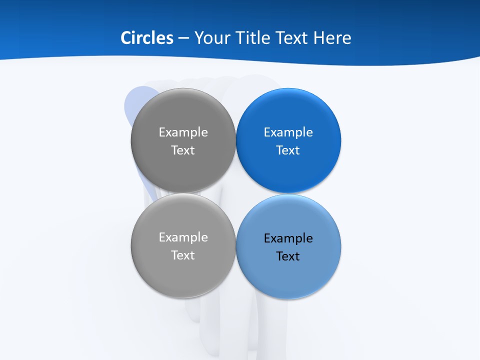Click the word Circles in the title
point(147,38)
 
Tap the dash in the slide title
point(183,38)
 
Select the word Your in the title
point(211,38)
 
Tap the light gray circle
point(183,275)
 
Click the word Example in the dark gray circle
point(183,132)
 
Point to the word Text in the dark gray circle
point(183,150)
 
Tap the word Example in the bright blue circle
point(288,132)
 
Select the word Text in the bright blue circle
point(288,150)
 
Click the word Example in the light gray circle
point(183,237)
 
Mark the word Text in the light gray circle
point(183,255)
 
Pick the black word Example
point(288,238)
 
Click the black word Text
point(288,256)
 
